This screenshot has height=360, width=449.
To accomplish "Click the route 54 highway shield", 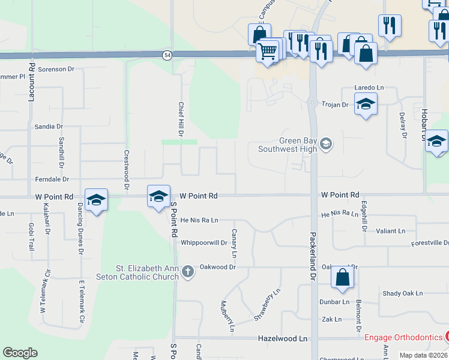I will (166, 55).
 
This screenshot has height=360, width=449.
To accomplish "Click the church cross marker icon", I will (188, 272).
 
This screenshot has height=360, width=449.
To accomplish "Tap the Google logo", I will (20, 352).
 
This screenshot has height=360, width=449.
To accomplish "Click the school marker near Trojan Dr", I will (366, 104).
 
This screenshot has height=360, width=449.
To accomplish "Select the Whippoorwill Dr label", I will (204, 243).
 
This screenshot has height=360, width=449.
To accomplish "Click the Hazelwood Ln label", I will (282, 338).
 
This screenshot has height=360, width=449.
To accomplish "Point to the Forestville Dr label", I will (430, 243).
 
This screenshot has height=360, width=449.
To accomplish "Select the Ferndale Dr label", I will (52, 179).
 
